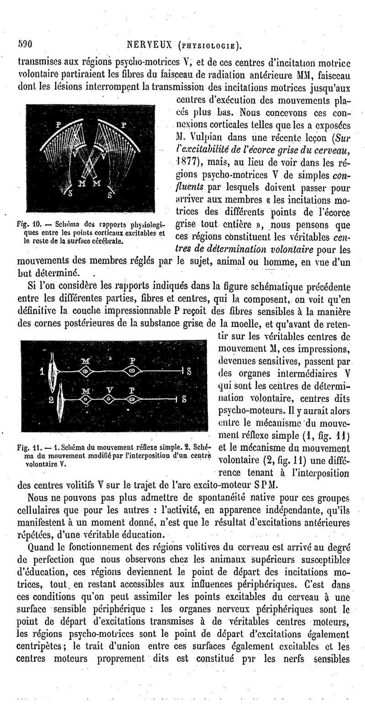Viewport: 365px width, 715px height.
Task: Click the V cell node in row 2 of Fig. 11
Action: [x=109, y=399]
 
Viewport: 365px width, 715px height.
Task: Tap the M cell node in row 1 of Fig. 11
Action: [x=85, y=371]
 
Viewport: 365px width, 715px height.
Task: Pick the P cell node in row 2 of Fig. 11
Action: [x=132, y=399]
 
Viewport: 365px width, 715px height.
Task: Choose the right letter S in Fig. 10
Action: [x=109, y=196]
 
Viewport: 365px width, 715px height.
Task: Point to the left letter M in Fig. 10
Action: [x=82, y=184]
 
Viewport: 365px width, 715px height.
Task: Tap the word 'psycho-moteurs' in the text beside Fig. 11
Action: [x=240, y=405]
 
